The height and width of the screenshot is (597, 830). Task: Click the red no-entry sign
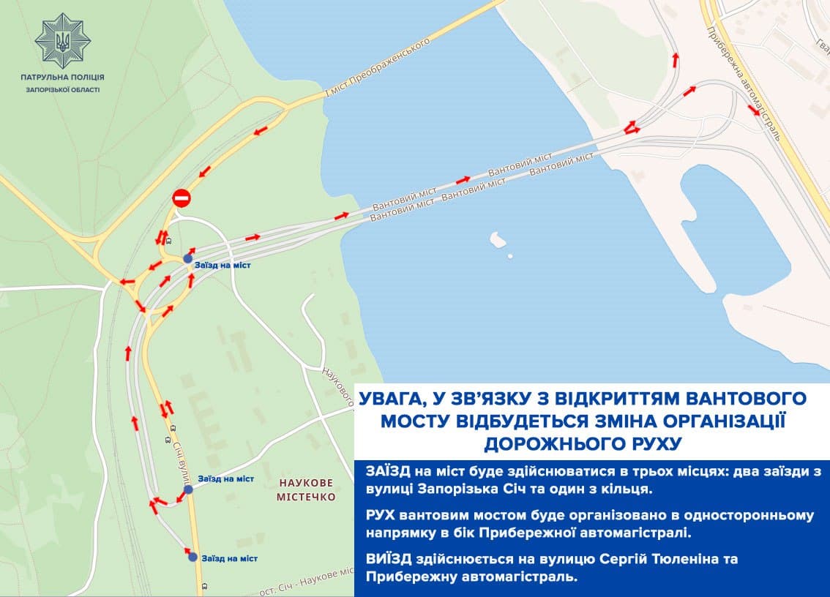coord(181,198)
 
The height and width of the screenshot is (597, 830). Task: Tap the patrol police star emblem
coord(62,42)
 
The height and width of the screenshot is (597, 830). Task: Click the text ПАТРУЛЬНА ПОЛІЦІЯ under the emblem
coord(62,77)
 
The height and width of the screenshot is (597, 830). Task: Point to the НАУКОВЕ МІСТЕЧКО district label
coord(306,490)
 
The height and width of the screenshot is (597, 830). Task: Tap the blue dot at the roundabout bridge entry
coord(188,258)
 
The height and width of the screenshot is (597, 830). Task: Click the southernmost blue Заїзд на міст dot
coord(192,557)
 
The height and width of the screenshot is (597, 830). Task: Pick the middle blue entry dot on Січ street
coord(188,489)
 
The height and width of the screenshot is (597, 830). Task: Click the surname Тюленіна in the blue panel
coord(687,559)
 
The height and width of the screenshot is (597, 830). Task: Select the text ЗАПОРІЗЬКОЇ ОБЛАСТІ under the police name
coord(62,89)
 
